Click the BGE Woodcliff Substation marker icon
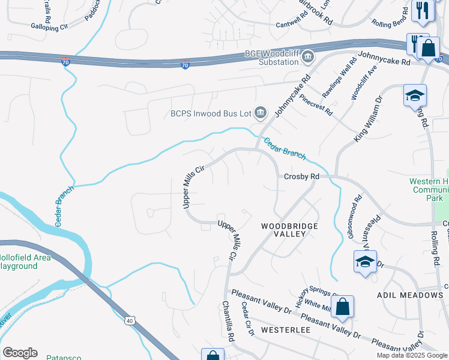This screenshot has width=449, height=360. (308, 57)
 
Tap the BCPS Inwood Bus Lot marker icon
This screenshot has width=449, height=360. (261, 112)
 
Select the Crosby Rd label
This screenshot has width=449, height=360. (301, 177)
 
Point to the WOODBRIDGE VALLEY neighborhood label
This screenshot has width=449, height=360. (289, 230)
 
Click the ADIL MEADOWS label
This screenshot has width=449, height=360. (409, 295)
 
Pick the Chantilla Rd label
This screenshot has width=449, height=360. (228, 322)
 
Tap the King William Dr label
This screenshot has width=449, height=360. (369, 119)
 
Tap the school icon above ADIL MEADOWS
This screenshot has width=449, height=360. (365, 262)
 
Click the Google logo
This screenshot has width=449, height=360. (20, 353)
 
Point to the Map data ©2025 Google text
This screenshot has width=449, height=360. (411, 355)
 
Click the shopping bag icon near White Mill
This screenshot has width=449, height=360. (342, 307)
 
